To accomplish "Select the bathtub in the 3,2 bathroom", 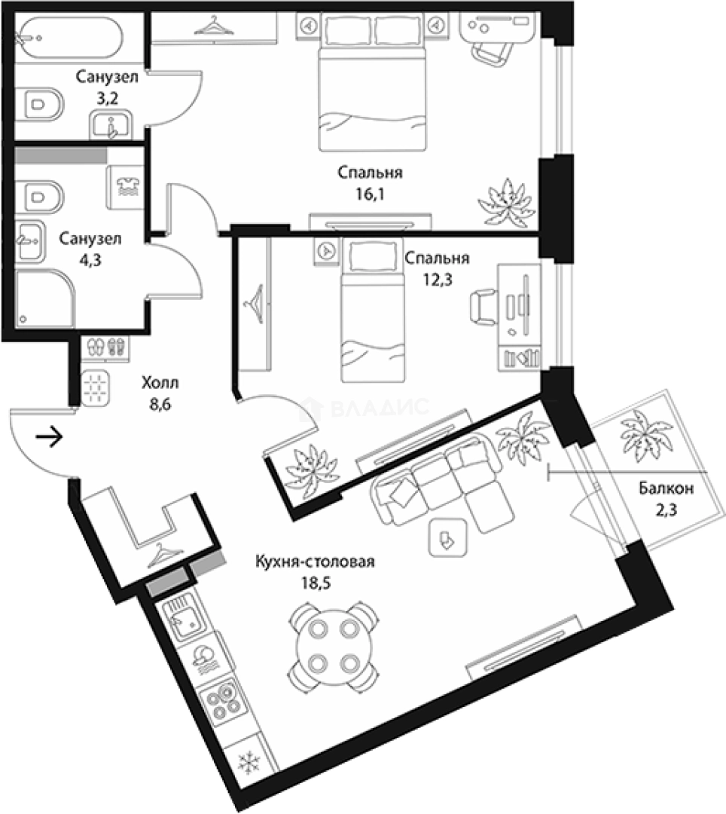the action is point(69,38).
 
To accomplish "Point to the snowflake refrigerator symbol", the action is point(249,763).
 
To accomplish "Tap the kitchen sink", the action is point(184,619).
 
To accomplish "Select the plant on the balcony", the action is point(645,435).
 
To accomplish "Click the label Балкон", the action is point(666,488).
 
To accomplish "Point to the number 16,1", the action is point(370,194).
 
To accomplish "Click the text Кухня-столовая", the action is point(315,562).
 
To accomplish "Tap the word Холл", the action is point(160,383).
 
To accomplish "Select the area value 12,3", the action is point(437,280).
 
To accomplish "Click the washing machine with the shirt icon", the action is point(125,187).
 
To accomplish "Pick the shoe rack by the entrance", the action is point(105,347).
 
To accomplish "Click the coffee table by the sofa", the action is point(447,537).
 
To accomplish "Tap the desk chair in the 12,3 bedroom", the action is point(483,308).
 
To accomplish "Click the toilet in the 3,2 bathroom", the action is point(39,104).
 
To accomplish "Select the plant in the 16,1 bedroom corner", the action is point(506,203).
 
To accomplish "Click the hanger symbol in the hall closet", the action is point(166,555).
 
